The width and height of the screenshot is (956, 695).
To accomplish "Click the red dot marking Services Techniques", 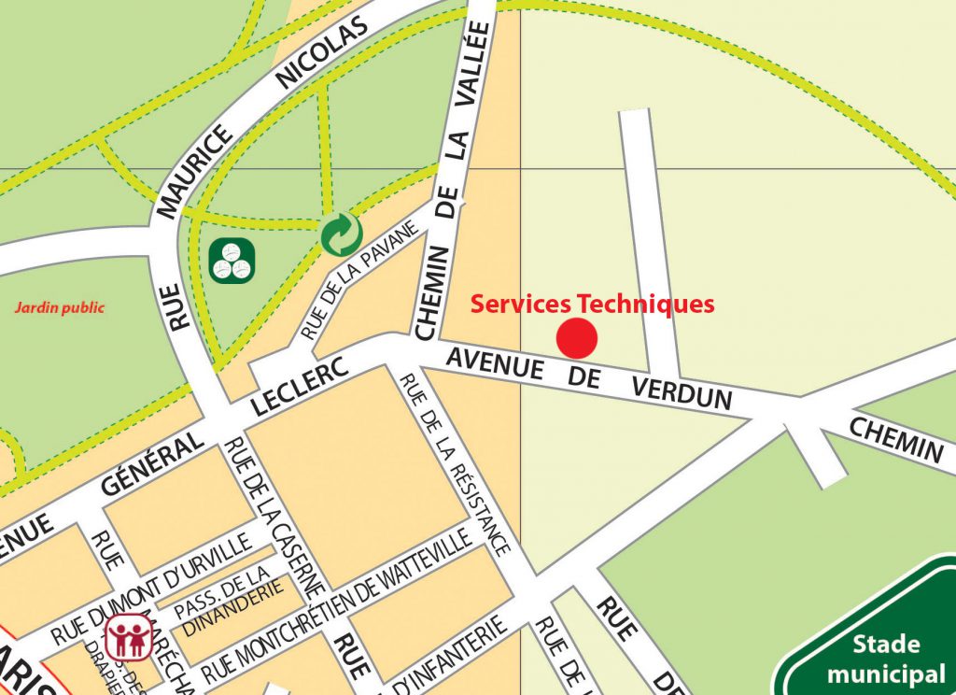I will click(x=577, y=338).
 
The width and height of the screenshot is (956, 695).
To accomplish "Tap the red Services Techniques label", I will click(x=592, y=304).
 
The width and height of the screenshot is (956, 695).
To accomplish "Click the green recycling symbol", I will click(x=342, y=234).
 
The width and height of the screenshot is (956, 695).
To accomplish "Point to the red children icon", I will click(x=126, y=637).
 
